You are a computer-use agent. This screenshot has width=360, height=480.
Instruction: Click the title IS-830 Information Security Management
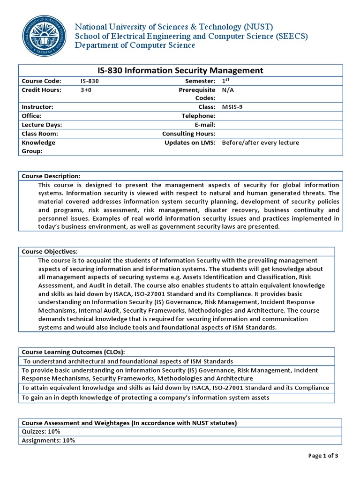180,70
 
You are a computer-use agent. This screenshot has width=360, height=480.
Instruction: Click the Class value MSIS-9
232,107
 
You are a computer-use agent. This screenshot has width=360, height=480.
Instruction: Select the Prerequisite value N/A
228,90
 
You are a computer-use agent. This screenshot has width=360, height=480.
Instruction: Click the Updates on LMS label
190,142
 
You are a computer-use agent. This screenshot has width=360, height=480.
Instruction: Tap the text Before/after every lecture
260,142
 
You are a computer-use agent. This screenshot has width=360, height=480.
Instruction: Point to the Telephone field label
198,116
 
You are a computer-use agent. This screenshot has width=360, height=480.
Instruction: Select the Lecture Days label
42,125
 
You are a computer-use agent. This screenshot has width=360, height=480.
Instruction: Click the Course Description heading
51,176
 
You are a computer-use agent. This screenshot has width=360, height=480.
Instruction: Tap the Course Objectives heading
50,252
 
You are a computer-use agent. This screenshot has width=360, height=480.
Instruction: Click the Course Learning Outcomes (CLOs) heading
74,352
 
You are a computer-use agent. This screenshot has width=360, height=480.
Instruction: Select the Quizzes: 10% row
41,432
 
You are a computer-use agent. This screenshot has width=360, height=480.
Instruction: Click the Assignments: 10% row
48,441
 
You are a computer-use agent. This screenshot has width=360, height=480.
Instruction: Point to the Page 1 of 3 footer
323,455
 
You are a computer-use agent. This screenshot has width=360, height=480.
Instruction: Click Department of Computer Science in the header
135,45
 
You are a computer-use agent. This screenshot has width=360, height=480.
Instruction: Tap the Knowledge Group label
38,147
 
